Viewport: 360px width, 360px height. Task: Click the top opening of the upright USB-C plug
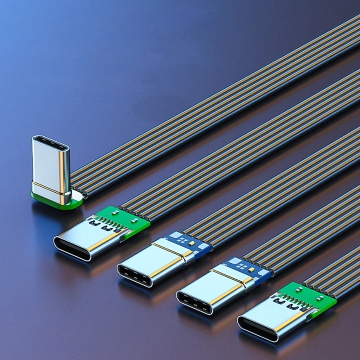[50, 145]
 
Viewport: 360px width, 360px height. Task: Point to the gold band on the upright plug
[50, 188]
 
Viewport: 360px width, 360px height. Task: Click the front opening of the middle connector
[135, 274]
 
